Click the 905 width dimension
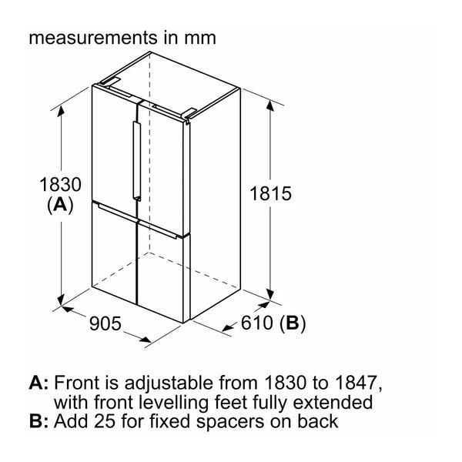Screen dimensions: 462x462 (x=105, y=323)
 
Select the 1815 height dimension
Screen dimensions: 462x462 (x=270, y=193)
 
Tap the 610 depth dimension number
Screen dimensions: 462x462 (x=257, y=323)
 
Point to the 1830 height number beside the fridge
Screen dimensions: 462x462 (x=60, y=185)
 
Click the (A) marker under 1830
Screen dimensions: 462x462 (x=60, y=205)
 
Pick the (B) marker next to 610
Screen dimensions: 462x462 (x=293, y=323)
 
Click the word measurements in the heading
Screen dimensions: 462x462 (x=93, y=38)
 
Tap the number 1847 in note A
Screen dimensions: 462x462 (x=357, y=383)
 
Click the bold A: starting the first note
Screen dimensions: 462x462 (x=38, y=383)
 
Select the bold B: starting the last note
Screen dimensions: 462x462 (x=38, y=421)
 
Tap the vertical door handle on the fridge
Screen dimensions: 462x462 (x=137, y=161)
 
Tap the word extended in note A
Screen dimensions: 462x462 (x=333, y=402)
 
